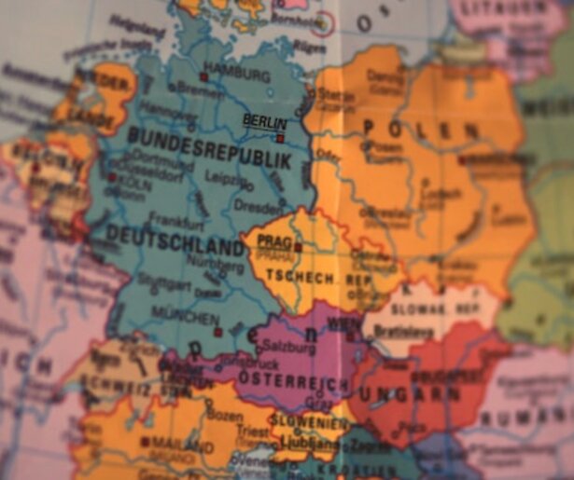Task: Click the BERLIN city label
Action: (x=264, y=120)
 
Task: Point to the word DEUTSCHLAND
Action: (x=175, y=240)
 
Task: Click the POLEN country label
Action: (x=402, y=129)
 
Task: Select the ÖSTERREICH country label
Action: (x=293, y=379)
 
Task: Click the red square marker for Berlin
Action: (x=279, y=138)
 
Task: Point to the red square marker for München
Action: (x=217, y=332)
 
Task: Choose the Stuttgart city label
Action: (x=163, y=278)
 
